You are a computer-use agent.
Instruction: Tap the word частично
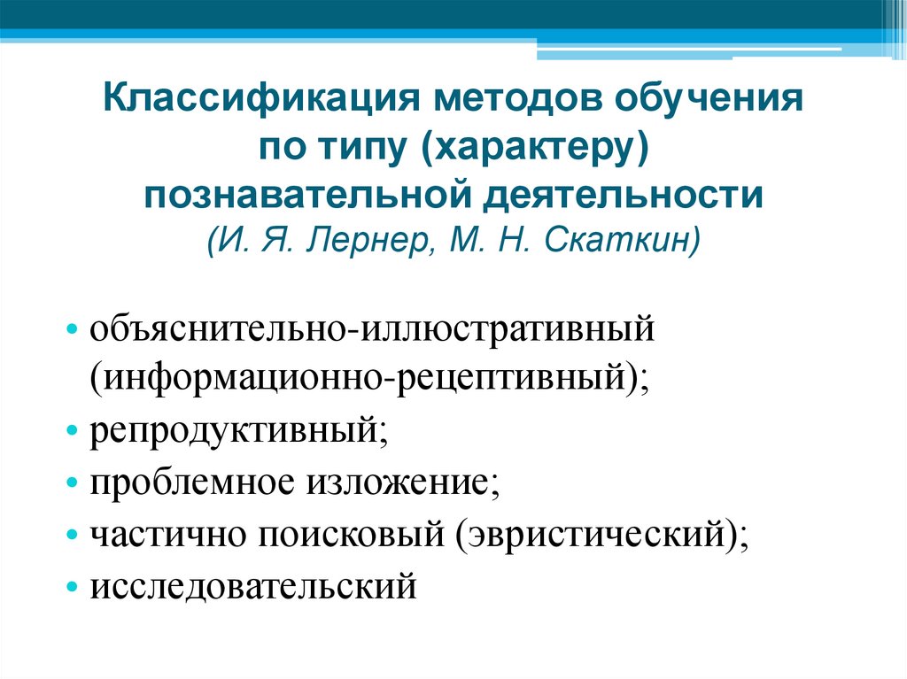pos(167,535)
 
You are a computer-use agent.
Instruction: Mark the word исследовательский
pos(252,584)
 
